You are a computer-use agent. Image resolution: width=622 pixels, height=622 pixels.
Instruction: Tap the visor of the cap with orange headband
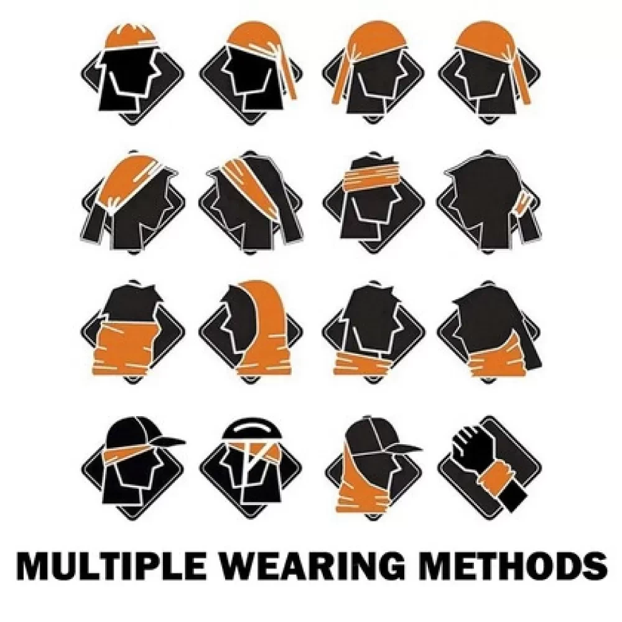169,441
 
